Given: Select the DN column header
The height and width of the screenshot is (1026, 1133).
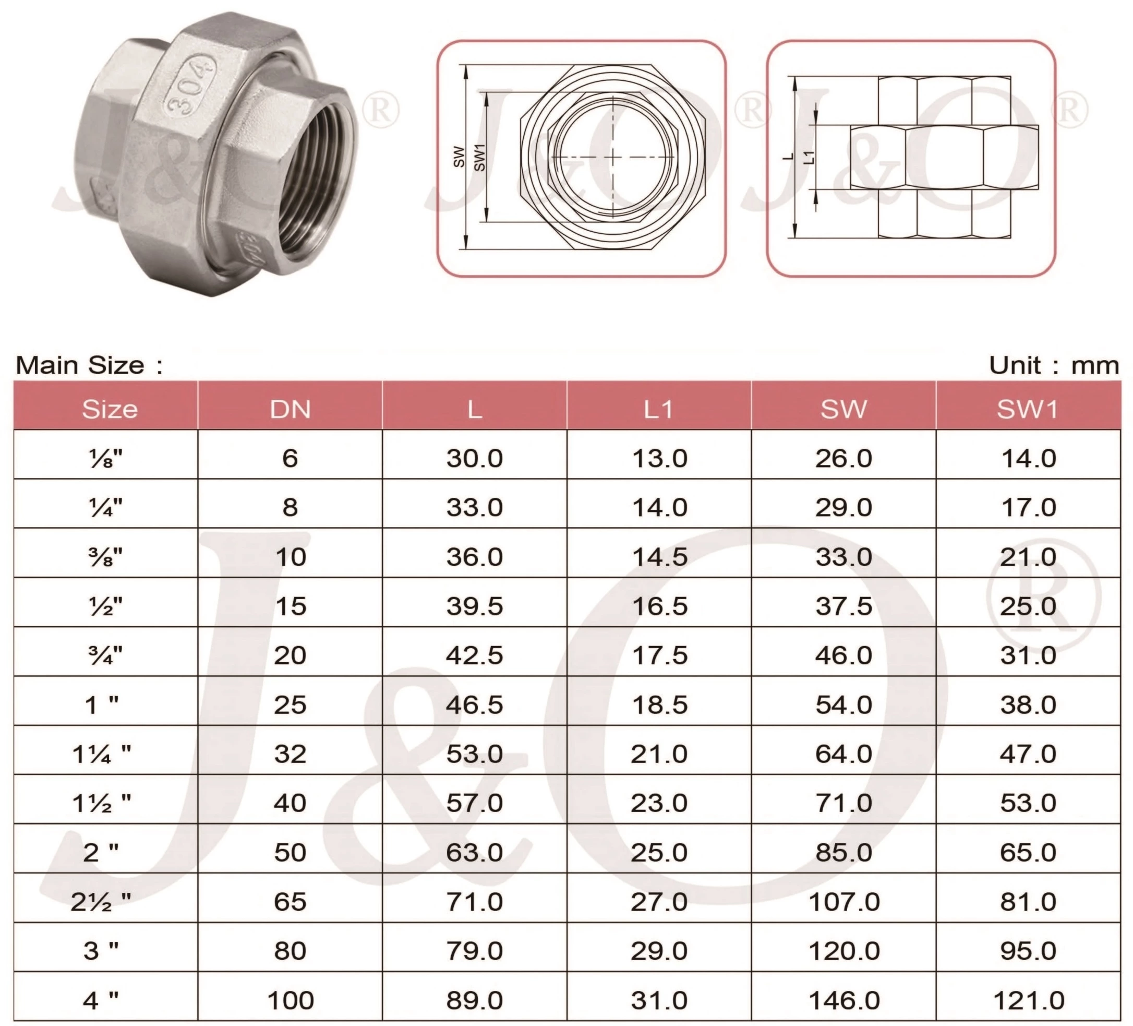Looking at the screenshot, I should [x=290, y=409].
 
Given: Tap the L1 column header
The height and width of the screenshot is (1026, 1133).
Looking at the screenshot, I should [x=659, y=409].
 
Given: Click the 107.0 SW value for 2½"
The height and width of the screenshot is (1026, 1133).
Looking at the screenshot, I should [x=843, y=902].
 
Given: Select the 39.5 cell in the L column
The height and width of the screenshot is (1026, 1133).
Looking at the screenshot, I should [x=474, y=606].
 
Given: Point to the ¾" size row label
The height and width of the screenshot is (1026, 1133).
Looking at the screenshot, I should [x=105, y=655].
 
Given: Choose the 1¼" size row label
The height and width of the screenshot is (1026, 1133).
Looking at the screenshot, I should [x=102, y=754].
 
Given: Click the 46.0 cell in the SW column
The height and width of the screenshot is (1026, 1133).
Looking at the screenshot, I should [x=843, y=655].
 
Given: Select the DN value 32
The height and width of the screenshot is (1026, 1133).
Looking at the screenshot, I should [x=290, y=754].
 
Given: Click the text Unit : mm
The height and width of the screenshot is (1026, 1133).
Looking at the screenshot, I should [x=1054, y=366].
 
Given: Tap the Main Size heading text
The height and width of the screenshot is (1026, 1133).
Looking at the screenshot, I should [x=89, y=366].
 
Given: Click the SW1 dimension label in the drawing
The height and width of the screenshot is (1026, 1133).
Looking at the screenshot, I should [x=479, y=158].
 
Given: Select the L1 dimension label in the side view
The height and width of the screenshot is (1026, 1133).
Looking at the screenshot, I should [x=809, y=157].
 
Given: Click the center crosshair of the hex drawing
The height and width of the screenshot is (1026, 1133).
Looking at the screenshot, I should [x=612, y=157].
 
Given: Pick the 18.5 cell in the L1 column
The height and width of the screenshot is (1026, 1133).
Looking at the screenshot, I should [x=659, y=705].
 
